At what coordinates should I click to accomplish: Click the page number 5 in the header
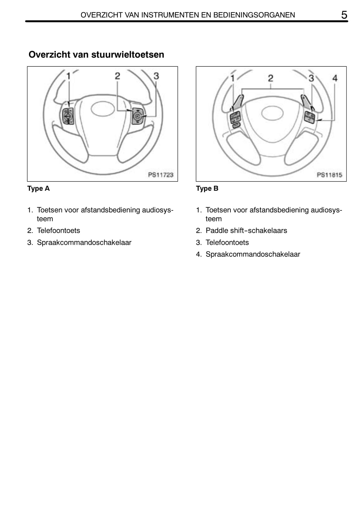(344, 15)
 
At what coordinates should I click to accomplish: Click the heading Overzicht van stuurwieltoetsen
(96, 55)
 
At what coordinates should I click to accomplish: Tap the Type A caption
(38, 188)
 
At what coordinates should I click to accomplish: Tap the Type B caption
(207, 188)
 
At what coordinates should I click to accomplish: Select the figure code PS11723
(161, 175)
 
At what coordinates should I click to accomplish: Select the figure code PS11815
(329, 175)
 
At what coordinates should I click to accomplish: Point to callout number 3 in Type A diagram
(156, 76)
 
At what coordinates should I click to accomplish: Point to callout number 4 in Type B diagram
(335, 78)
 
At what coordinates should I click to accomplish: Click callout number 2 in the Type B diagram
(270, 78)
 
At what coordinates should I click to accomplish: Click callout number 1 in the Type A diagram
(68, 76)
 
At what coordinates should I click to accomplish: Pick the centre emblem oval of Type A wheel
(103, 109)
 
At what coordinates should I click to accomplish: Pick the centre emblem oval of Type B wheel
(272, 113)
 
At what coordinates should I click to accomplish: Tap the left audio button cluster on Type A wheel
(68, 116)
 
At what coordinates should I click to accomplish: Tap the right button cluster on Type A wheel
(137, 116)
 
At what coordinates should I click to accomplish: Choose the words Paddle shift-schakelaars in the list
(246, 231)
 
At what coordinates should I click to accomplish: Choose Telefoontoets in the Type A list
(58, 231)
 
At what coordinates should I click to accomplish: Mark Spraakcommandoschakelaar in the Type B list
(253, 254)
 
